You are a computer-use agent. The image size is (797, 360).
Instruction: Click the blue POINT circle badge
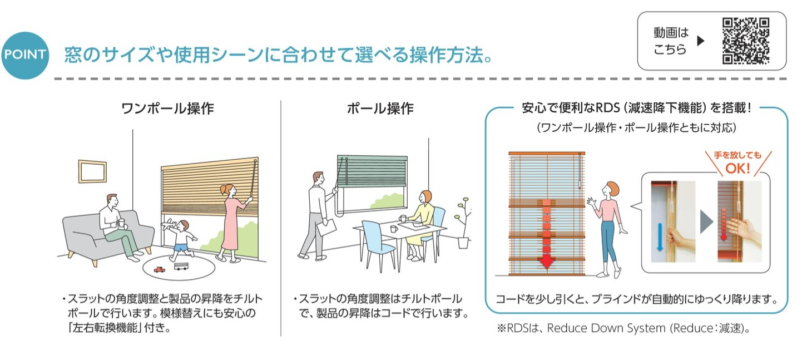click(25, 55)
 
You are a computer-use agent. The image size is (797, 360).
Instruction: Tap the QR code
click(746, 41)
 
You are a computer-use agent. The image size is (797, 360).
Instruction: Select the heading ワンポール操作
click(167, 109)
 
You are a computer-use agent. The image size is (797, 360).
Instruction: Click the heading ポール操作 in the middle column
click(380, 109)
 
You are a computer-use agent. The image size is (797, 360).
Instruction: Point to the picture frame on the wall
click(92, 171)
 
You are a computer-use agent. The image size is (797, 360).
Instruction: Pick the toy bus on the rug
click(181, 267)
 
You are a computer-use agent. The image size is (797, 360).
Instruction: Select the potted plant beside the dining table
click(463, 223)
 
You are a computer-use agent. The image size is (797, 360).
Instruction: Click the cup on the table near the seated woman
click(403, 218)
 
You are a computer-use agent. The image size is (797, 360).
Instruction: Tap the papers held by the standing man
click(326, 227)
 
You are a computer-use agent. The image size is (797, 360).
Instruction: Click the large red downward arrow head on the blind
click(546, 263)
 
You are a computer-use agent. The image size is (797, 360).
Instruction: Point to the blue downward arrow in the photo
click(660, 237)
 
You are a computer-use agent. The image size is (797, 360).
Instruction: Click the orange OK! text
click(737, 168)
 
